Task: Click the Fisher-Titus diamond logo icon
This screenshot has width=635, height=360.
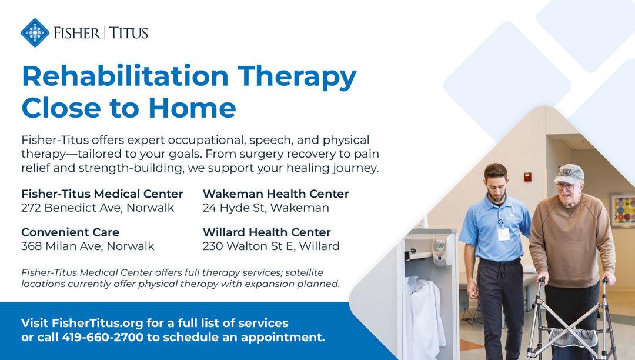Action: pyautogui.click(x=35, y=33)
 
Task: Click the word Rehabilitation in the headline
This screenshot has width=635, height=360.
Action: pyautogui.click(x=125, y=76)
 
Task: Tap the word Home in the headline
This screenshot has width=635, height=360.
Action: pyautogui.click(x=192, y=108)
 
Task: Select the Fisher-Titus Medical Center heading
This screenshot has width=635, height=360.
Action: pyautogui.click(x=102, y=194)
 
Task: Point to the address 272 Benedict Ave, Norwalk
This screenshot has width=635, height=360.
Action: pyautogui.click(x=98, y=208)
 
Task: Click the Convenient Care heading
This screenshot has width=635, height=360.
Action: pyautogui.click(x=70, y=232)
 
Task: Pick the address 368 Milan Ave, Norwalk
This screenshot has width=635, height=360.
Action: pyautogui.click(x=88, y=246)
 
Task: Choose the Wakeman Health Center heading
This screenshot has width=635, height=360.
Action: pyautogui.click(x=276, y=194)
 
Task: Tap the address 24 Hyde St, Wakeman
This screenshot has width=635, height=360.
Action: pyautogui.click(x=266, y=208)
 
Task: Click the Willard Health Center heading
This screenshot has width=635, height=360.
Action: pyautogui.click(x=267, y=232)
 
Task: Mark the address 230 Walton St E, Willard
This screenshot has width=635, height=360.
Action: pyautogui.click(x=271, y=246)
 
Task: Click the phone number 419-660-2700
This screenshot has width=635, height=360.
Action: pyautogui.click(x=103, y=337)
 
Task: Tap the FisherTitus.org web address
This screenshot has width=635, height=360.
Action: pyautogui.click(x=97, y=323)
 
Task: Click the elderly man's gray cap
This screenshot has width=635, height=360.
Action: pyautogui.click(x=569, y=174)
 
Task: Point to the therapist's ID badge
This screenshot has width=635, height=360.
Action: pyautogui.click(x=503, y=234)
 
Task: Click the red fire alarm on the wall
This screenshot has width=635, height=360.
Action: pyautogui.click(x=527, y=176)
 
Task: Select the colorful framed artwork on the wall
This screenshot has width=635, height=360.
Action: pyautogui.click(x=623, y=209)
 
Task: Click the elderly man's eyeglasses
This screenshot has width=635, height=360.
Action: pyautogui.click(x=566, y=186)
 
